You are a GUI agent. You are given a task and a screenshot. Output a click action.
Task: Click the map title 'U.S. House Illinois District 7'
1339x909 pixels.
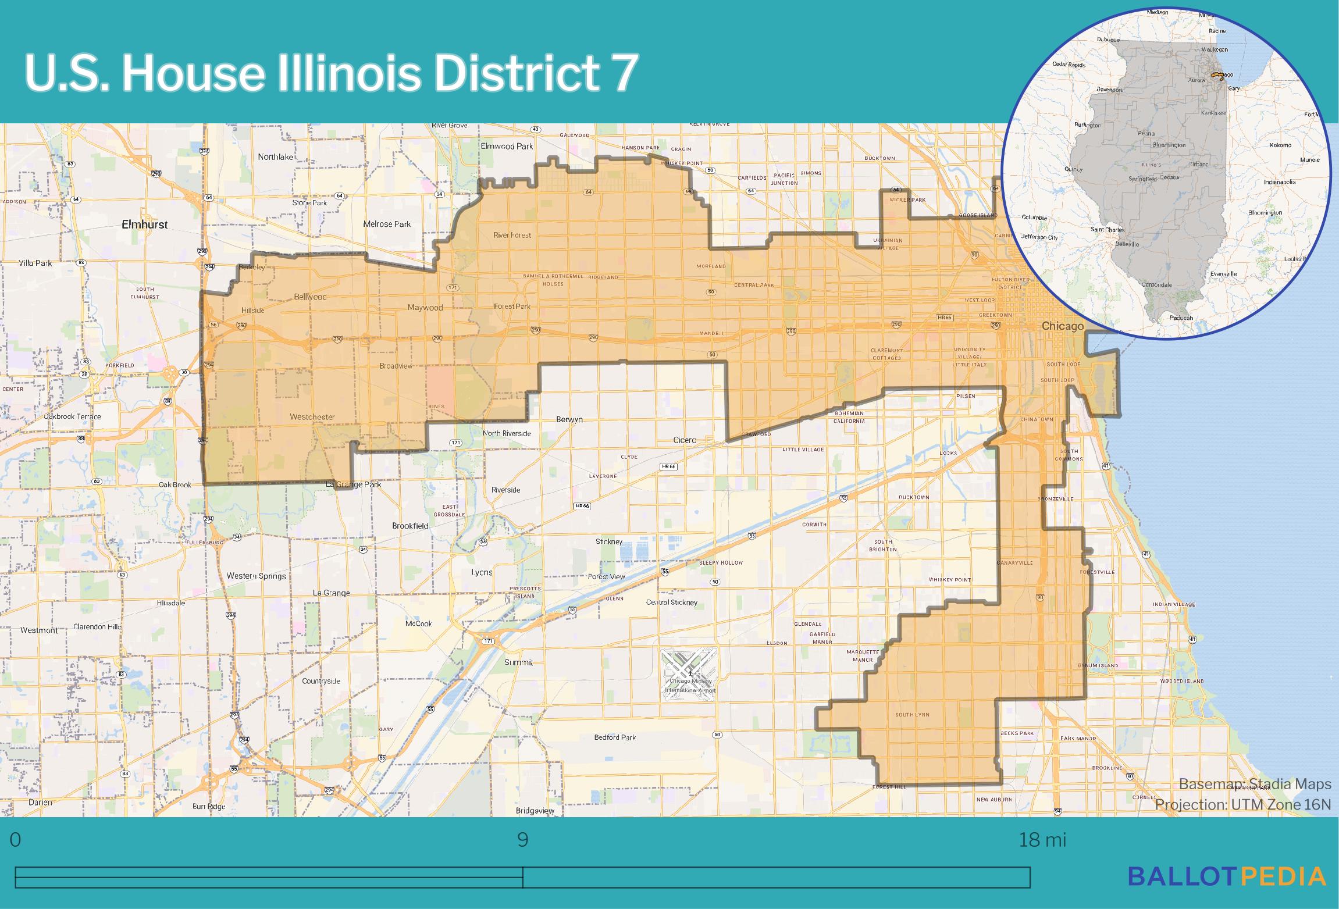click(332, 73)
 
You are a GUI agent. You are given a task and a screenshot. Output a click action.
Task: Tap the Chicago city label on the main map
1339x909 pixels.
click(1062, 326)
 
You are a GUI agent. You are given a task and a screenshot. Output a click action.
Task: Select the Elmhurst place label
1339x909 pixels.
click(144, 224)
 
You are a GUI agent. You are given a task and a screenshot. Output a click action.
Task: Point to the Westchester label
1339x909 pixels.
click(312, 417)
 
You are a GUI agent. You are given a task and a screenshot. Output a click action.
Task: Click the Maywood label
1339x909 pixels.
click(425, 308)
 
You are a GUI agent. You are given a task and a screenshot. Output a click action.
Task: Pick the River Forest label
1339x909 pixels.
click(512, 236)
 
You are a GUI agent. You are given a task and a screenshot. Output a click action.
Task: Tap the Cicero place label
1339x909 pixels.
click(684, 440)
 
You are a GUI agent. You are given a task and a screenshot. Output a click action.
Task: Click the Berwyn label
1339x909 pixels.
click(569, 419)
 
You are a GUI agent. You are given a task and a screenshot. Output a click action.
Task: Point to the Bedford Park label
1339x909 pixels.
click(615, 737)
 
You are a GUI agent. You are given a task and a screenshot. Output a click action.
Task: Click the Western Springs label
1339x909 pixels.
click(256, 576)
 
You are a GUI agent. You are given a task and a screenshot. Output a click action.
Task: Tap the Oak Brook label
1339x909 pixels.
click(175, 484)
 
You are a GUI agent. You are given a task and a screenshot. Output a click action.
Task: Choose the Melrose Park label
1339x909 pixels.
click(387, 224)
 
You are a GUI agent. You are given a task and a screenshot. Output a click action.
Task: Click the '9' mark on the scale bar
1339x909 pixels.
click(522, 840)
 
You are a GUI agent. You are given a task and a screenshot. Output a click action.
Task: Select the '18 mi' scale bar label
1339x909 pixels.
click(1042, 840)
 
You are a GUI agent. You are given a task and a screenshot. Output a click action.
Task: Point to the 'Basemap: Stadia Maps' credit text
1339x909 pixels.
click(1255, 785)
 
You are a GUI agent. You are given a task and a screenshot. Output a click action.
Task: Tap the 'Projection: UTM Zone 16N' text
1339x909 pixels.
click(1242, 805)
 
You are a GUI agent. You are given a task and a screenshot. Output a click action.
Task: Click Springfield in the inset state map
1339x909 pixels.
click(1142, 179)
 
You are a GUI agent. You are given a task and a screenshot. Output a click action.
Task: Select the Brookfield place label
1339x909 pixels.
click(410, 526)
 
